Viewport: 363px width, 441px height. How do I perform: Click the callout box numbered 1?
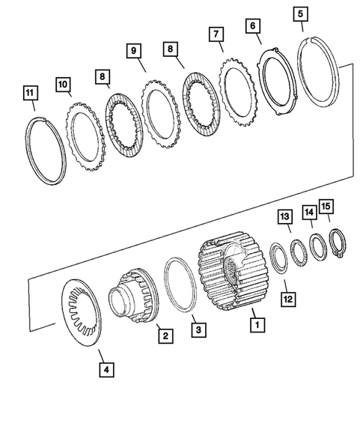click(x=256, y=325)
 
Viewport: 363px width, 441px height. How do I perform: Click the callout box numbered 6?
click(x=252, y=25)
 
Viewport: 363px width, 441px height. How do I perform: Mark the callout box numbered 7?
click(x=216, y=34)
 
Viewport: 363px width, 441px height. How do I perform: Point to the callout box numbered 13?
click(x=285, y=217)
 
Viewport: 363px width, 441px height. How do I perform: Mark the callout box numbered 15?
click(x=326, y=205)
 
